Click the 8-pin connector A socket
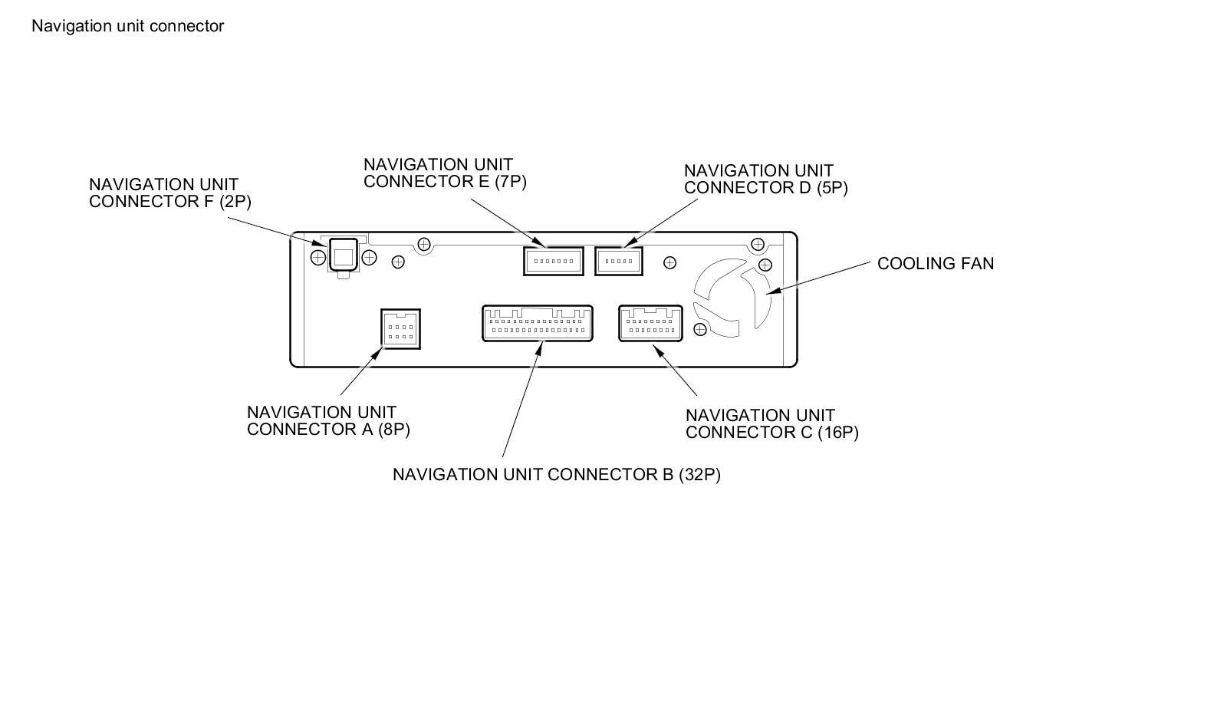[x=400, y=329]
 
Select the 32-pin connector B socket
[x=538, y=323]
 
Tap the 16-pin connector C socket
[x=650, y=323]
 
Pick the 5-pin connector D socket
[x=618, y=261]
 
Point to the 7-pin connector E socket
[x=553, y=261]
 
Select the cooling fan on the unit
[x=732, y=298]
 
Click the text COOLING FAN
[x=935, y=264]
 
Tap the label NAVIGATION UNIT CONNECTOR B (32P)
[x=556, y=475]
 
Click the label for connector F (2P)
[x=169, y=193]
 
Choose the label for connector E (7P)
[x=445, y=173]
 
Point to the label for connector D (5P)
[x=765, y=180]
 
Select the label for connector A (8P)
[x=328, y=421]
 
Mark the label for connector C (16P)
[x=771, y=424]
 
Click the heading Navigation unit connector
[x=127, y=26]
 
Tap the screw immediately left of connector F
[x=318, y=258]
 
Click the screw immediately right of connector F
[x=369, y=258]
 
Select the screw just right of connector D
[x=669, y=263]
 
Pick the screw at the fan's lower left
[x=700, y=330]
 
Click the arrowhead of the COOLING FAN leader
[x=770, y=292]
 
